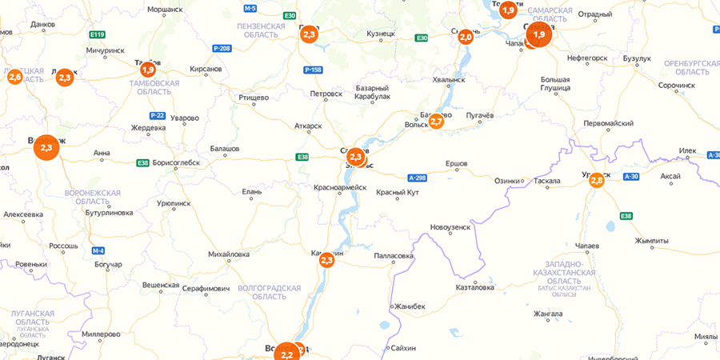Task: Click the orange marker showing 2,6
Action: [14, 77]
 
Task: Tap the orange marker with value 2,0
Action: [465, 37]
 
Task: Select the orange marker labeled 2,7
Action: [436, 121]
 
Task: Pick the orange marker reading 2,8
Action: [597, 181]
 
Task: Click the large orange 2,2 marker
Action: [286, 353]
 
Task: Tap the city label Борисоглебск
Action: [175, 162]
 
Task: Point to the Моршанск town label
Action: [166, 10]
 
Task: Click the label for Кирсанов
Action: [206, 70]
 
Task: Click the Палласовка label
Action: [394, 256]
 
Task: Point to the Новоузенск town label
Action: [450, 228]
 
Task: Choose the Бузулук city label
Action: [638, 59]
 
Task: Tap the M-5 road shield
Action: [250, 8]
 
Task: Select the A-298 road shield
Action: [418, 178]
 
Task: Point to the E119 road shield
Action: [98, 34]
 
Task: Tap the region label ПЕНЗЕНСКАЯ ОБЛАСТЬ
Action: [261, 30]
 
